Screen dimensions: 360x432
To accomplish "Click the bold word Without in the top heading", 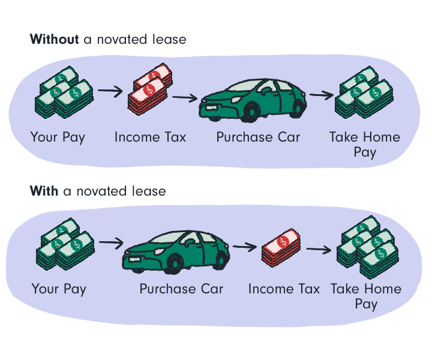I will coord(54,40).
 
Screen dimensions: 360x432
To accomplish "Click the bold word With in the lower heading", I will coord(44,191).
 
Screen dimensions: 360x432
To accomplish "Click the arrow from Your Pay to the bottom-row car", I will coord(110,243).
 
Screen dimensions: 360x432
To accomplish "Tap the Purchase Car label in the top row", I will coord(258,137).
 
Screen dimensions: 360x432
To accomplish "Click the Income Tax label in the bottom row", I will coord(284,289).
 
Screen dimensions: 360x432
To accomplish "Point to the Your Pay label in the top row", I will coord(58,137).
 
